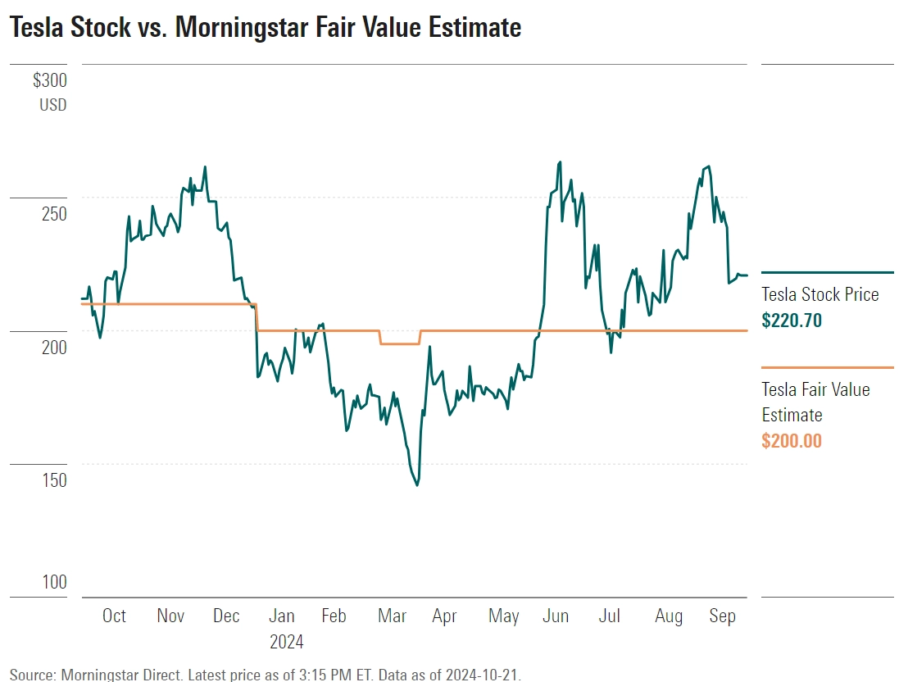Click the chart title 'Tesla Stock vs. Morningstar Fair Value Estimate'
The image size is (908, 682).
click(x=265, y=28)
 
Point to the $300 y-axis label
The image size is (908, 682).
click(x=50, y=80)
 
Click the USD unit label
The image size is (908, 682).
click(x=52, y=105)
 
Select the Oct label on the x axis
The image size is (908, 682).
click(x=114, y=616)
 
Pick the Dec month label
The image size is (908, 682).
click(x=226, y=616)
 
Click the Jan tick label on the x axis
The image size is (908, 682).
click(x=282, y=616)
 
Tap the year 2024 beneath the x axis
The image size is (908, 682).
click(x=287, y=641)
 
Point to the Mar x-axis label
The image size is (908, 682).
click(x=392, y=616)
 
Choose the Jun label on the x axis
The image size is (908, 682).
click(x=556, y=616)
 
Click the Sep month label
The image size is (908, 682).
click(x=722, y=616)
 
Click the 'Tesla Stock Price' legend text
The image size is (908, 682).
click(x=819, y=294)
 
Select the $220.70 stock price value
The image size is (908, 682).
click(x=791, y=320)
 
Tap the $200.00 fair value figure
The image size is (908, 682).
click(x=791, y=441)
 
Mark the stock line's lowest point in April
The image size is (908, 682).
click(x=417, y=485)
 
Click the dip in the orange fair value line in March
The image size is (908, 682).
click(x=400, y=343)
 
